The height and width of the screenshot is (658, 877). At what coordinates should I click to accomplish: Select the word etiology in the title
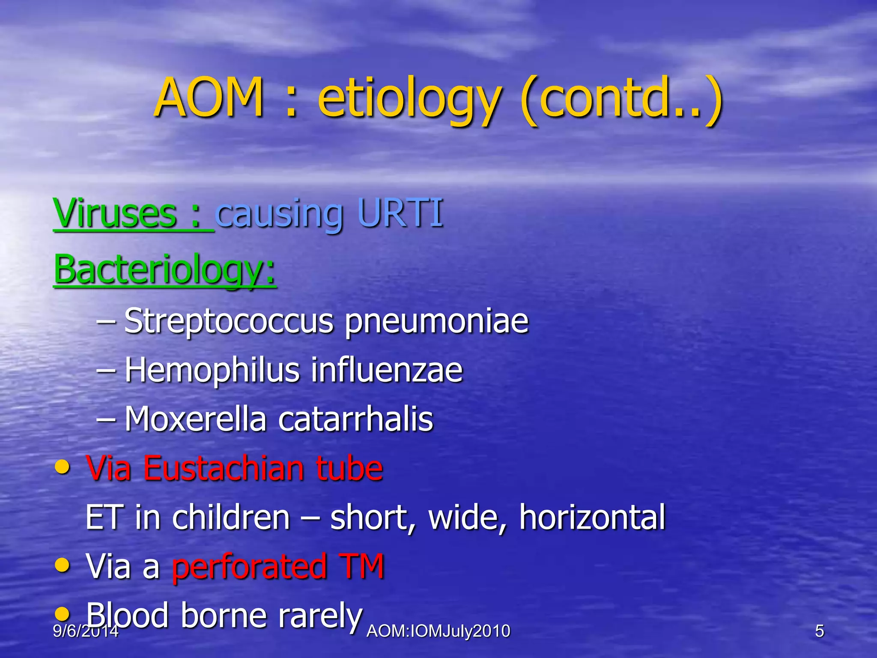(409, 101)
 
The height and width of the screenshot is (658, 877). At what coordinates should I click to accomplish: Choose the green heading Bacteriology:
(165, 270)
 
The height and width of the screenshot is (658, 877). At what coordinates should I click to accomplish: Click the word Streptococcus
(229, 321)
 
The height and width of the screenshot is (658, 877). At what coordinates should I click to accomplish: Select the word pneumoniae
(437, 322)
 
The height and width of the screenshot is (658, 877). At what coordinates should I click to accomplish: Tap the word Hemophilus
(212, 371)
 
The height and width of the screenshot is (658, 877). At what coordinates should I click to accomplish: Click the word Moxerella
(195, 419)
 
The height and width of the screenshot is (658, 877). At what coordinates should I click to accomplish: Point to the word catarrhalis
(355, 419)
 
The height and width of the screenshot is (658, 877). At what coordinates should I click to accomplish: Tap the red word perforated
(248, 566)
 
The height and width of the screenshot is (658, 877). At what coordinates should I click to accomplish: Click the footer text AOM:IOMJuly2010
(438, 631)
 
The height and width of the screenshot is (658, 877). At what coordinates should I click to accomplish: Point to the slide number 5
(819, 631)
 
